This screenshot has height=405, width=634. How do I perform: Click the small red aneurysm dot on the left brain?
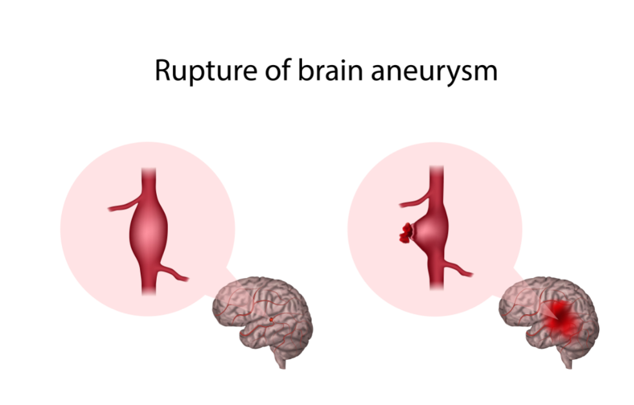coord(271,319)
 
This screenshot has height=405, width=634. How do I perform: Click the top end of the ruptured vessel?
coord(436,171)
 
